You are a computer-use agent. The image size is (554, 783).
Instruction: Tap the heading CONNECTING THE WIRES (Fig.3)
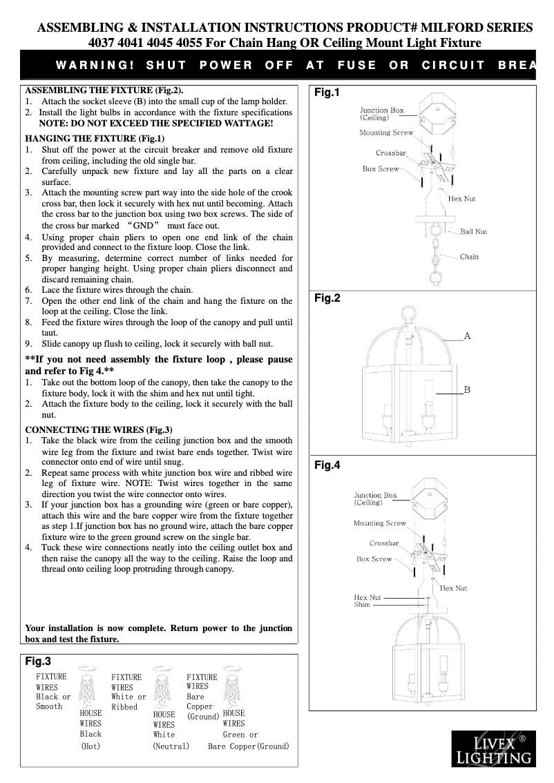pyautogui.click(x=99, y=429)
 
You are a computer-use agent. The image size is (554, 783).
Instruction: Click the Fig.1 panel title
pyautogui.click(x=327, y=93)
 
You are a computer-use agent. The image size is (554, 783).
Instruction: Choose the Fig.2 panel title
pyautogui.click(x=327, y=298)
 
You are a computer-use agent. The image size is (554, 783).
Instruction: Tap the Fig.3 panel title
pyautogui.click(x=38, y=661)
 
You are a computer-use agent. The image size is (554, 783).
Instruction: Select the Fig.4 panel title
pyautogui.click(x=327, y=465)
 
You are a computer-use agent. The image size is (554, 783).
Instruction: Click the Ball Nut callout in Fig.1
pyautogui.click(x=473, y=231)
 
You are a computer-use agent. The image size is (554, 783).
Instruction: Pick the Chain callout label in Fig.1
pyautogui.click(x=469, y=257)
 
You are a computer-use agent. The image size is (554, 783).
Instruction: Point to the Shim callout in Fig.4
pyautogui.click(x=362, y=605)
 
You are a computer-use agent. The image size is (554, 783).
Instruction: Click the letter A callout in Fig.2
pyautogui.click(x=467, y=336)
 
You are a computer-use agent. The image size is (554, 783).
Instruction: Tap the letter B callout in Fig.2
pyautogui.click(x=467, y=390)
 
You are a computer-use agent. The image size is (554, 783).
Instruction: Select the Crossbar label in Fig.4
pyautogui.click(x=384, y=543)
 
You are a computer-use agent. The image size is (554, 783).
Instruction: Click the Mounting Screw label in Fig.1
pyautogui.click(x=386, y=133)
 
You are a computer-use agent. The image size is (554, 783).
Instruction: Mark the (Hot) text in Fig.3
pyautogui.click(x=90, y=746)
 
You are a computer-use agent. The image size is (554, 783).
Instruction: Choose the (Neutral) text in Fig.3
pyautogui.click(x=171, y=746)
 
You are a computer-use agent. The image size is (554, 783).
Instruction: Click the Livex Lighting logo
pyautogui.click(x=493, y=749)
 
